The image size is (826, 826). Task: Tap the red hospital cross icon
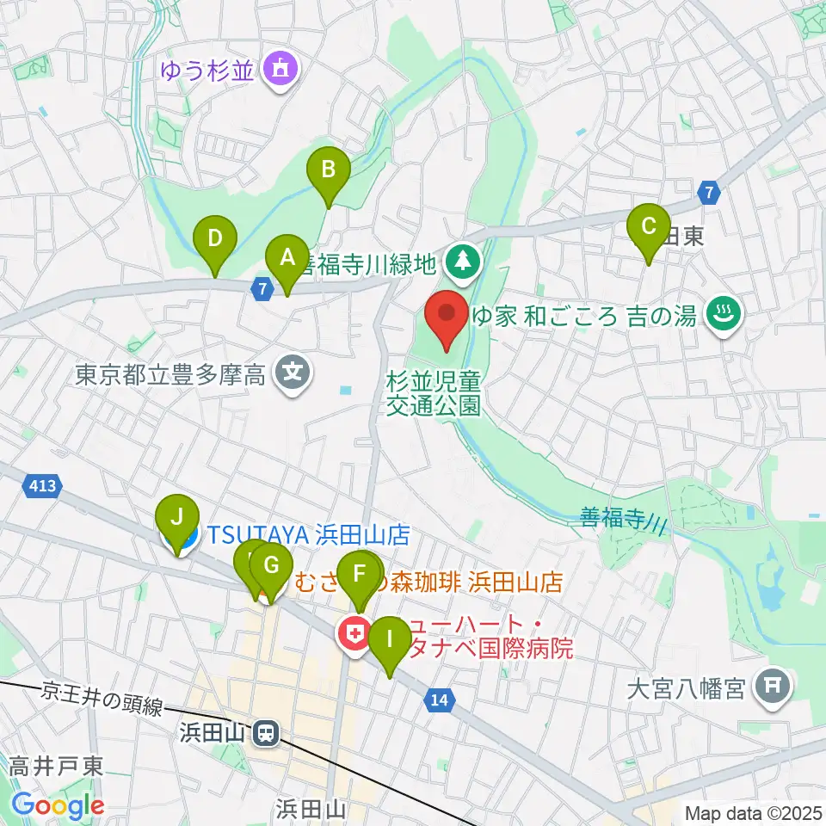354,636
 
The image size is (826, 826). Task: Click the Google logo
58,806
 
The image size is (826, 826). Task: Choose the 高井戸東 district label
57,766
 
